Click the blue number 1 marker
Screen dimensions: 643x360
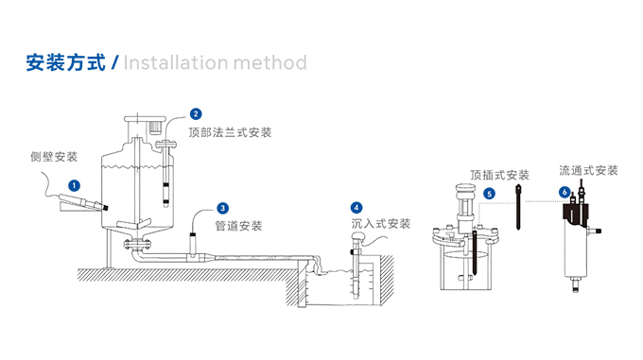pyautogui.click(x=74, y=186)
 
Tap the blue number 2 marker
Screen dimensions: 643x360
pyautogui.click(x=196, y=113)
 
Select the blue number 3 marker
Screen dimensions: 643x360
pyautogui.click(x=222, y=208)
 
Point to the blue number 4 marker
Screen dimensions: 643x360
pyautogui.click(x=356, y=208)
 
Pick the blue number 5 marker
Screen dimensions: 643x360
pyautogui.click(x=489, y=194)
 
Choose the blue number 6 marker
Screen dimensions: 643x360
pyautogui.click(x=565, y=192)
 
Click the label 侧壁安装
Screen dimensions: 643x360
pyautogui.click(x=54, y=157)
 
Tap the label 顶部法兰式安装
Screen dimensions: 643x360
pyautogui.click(x=230, y=132)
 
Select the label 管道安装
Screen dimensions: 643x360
pyautogui.click(x=238, y=226)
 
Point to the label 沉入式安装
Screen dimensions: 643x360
pyautogui.click(x=381, y=224)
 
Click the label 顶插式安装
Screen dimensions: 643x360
pyautogui.click(x=499, y=176)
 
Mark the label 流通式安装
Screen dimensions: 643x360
pyautogui.click(x=588, y=170)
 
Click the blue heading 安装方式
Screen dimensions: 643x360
pyautogui.click(x=65, y=62)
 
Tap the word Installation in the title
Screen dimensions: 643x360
pyautogui.click(x=176, y=62)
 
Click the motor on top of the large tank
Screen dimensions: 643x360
pyautogui.click(x=154, y=127)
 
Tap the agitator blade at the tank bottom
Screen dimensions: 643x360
pyautogui.click(x=133, y=224)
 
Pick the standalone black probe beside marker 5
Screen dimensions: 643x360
pyautogui.click(x=519, y=207)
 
